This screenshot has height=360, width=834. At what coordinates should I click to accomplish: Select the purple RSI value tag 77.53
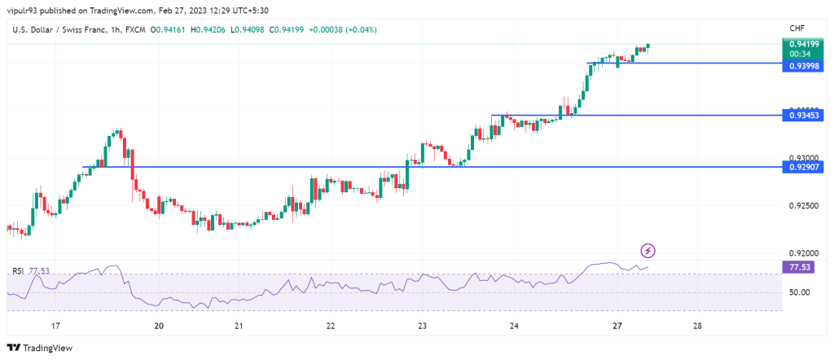[x=800, y=266]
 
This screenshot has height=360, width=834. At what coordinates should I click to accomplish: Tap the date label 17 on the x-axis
[x=55, y=326]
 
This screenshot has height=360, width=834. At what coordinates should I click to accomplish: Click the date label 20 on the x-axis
[x=159, y=326]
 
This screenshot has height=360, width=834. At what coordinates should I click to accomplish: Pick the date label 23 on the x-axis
[x=423, y=326]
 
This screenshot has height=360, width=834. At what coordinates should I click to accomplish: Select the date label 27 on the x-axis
[x=617, y=326]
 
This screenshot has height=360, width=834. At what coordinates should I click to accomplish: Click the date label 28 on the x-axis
[x=697, y=326]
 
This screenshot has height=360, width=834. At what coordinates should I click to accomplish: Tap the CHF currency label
[x=797, y=28]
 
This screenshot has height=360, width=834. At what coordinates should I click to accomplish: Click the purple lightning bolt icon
[x=648, y=250]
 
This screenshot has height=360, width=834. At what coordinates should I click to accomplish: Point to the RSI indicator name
[x=18, y=270]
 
